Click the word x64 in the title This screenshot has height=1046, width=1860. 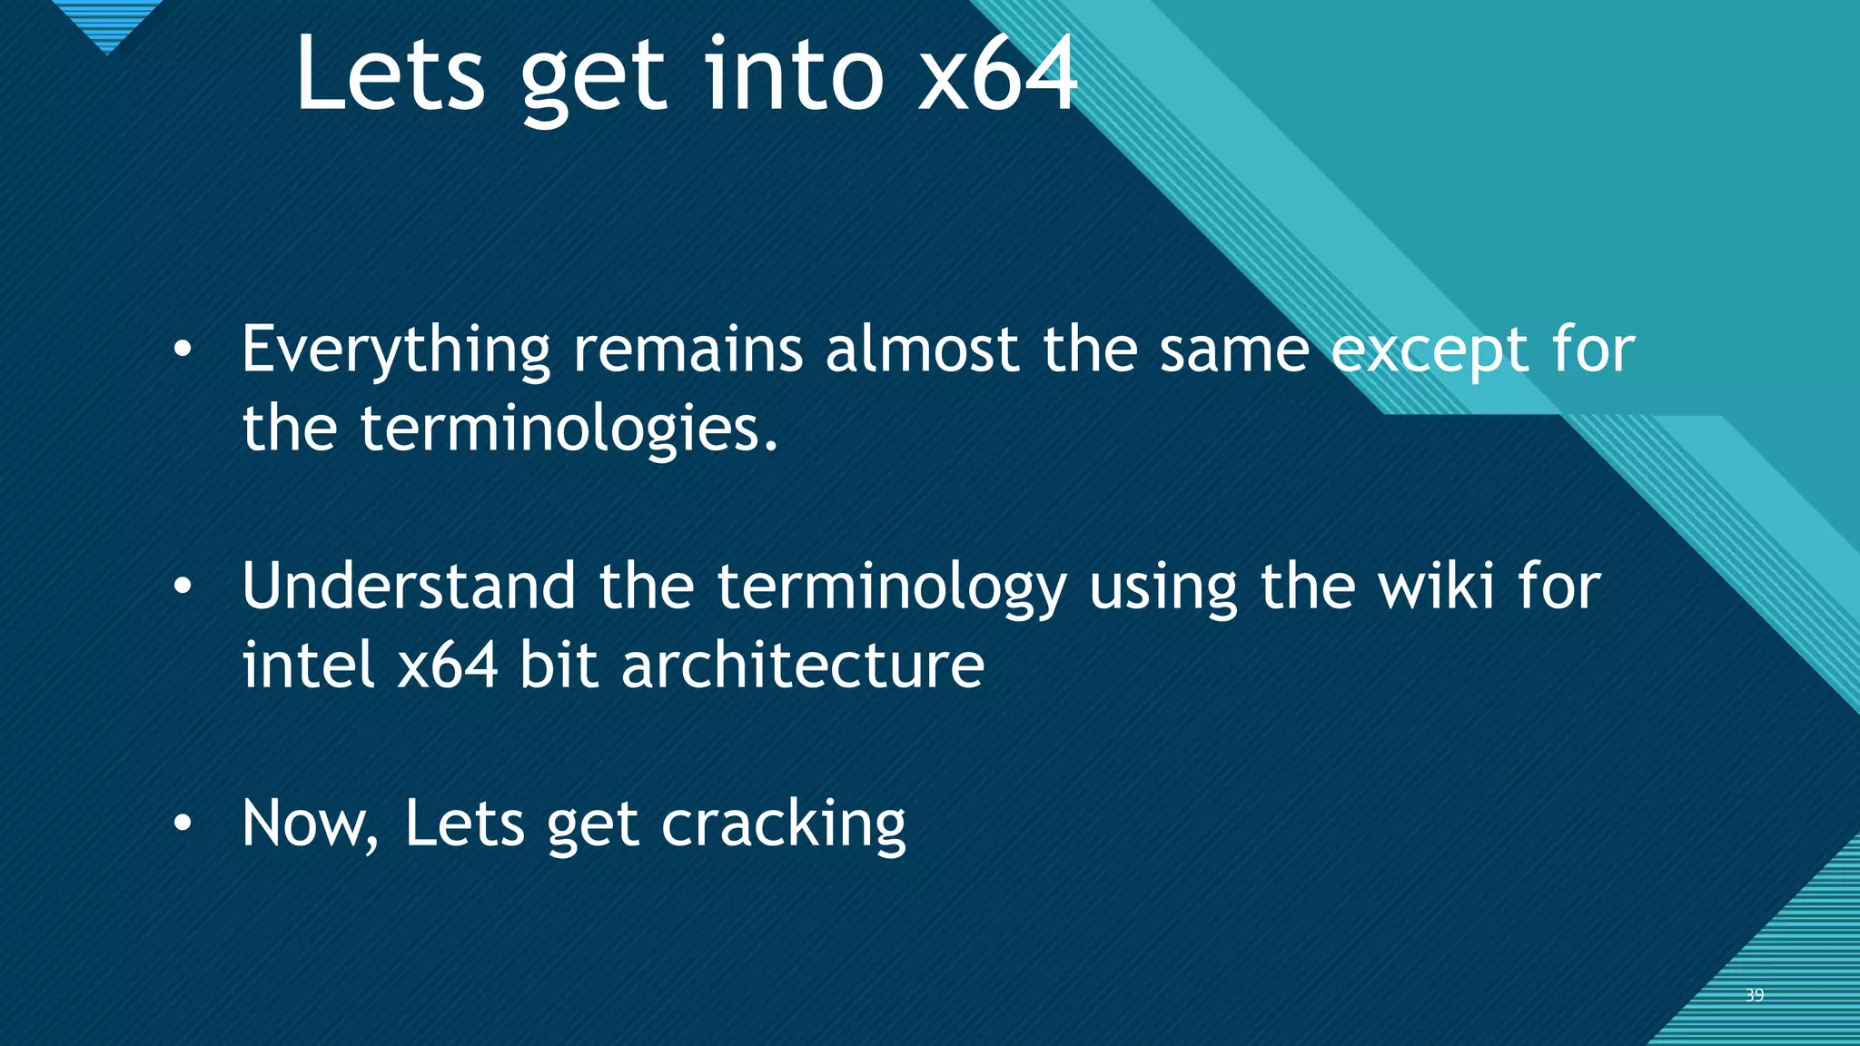[997, 74]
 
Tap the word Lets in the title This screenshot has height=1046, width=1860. [390, 74]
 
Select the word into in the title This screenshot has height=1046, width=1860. [794, 74]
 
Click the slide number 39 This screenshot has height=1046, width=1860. [1755, 995]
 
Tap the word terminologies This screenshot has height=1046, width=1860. [569, 429]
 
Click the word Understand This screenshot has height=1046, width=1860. [409, 587]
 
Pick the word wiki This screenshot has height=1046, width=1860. [1436, 587]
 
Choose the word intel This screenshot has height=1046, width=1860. [308, 665]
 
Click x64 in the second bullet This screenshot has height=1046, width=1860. [448, 665]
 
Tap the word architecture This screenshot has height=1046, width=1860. [803, 665]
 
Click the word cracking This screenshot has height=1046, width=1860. [783, 824]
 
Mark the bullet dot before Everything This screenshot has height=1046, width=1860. [183, 350]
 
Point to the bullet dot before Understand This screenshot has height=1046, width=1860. [183, 587]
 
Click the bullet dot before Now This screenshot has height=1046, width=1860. [183, 824]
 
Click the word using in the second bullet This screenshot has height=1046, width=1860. [1162, 588]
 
